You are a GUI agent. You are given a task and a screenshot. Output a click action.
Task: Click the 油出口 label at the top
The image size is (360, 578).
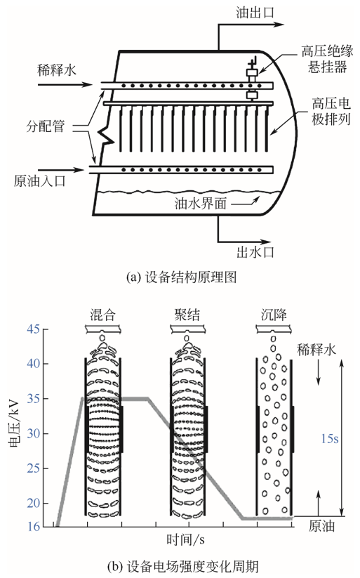(255, 13)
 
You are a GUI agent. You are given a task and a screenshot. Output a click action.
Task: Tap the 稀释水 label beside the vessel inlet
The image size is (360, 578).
(57, 70)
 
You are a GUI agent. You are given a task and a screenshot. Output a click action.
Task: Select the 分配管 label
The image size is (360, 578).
(46, 126)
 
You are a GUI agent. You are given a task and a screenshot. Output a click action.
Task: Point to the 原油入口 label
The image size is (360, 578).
(40, 181)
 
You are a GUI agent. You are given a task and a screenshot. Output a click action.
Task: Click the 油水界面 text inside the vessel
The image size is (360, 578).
(201, 203)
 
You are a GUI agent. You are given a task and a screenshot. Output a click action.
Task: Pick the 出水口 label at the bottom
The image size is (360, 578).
(255, 252)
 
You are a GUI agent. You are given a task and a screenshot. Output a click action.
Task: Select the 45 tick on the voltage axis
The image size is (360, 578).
(33, 329)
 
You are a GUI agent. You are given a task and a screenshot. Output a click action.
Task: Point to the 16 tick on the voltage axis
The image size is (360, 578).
(33, 527)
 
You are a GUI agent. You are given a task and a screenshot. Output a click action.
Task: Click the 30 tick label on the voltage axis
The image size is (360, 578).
(33, 433)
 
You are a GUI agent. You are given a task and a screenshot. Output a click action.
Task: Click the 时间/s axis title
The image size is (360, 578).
(185, 540)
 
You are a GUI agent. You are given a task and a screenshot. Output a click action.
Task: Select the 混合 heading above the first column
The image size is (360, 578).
(102, 315)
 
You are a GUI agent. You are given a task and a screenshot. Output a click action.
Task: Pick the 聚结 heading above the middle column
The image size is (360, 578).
(187, 315)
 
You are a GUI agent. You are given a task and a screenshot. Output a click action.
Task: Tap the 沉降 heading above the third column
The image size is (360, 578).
(274, 315)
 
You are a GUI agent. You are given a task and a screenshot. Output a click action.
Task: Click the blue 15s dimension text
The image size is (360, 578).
(329, 439)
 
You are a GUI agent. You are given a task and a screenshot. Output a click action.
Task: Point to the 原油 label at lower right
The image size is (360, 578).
(321, 526)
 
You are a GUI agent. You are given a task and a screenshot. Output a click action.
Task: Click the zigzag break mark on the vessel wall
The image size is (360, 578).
(106, 135)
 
